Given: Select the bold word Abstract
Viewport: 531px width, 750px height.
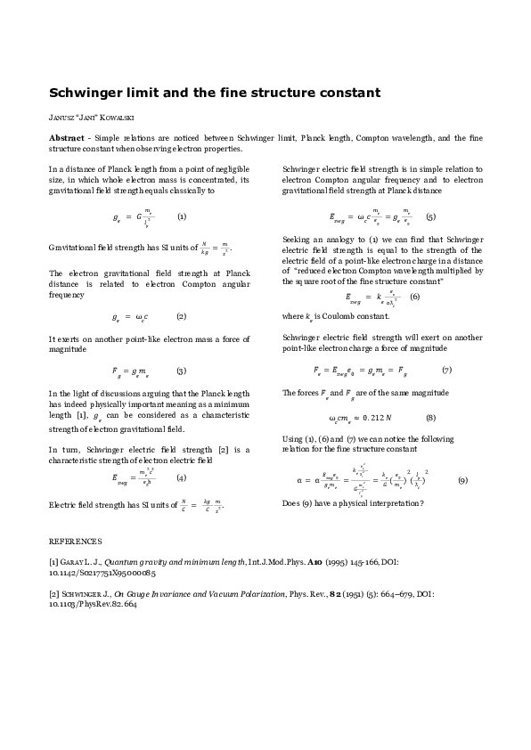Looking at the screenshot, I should coord(68,138).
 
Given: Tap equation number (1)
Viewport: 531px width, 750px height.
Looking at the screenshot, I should coord(182,216).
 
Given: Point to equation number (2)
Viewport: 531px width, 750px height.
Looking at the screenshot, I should coord(181,316).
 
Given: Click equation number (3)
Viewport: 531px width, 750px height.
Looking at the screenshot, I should coord(181,370).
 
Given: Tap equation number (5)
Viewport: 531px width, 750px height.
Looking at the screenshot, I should coord(430,216).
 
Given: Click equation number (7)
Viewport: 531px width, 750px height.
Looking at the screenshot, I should coord(446,370).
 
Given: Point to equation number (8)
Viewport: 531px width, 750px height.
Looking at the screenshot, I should coord(430,417).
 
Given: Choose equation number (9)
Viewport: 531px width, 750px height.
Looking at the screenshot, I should coord(462,480).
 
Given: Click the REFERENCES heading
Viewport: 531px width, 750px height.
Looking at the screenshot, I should coord(75,541).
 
